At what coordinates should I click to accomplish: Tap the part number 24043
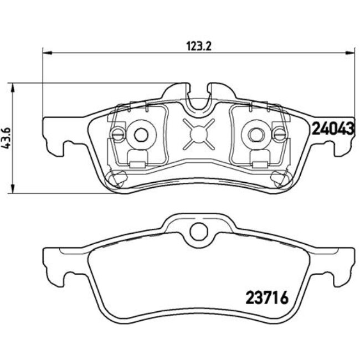(333, 129)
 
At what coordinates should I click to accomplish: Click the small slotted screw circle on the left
(117, 133)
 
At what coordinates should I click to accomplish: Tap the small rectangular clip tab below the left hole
(138, 163)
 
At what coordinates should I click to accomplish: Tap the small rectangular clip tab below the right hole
(258, 163)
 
